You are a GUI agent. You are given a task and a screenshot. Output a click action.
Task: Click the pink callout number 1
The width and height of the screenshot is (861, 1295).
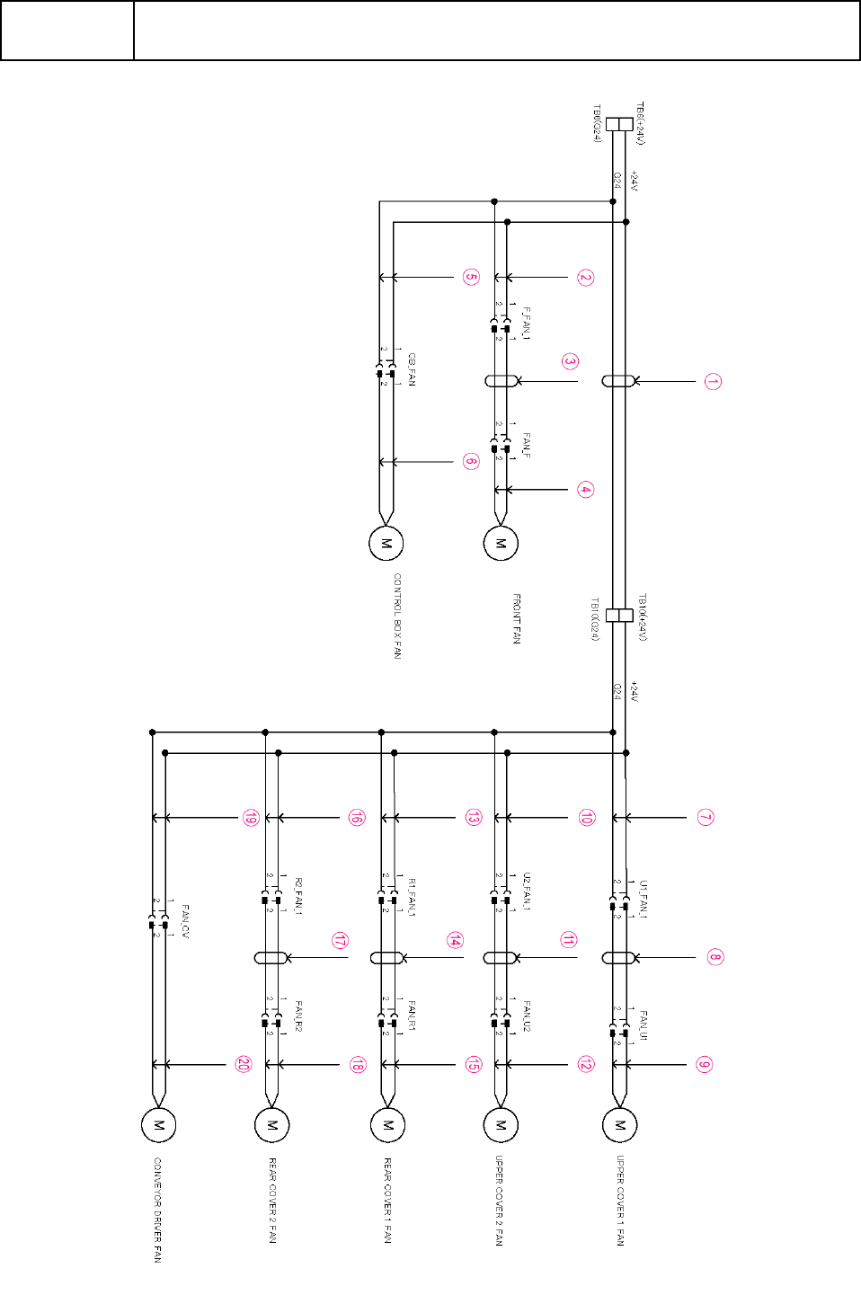pos(712,382)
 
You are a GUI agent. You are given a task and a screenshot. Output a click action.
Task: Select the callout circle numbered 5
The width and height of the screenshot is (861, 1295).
pos(471,277)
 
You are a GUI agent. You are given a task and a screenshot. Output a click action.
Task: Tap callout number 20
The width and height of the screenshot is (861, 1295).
pos(244,1064)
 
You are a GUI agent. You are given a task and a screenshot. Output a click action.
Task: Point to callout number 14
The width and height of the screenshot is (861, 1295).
pos(455,940)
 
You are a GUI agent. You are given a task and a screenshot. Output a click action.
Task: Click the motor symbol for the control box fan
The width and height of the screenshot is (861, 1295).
pos(386,543)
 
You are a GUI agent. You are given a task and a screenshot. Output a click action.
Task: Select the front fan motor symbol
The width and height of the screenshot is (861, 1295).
pos(501,543)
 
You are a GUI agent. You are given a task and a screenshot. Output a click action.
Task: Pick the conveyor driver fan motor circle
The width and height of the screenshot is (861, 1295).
pos(158,1124)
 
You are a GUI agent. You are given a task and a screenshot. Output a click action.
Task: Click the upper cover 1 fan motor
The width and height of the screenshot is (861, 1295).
pos(619,1124)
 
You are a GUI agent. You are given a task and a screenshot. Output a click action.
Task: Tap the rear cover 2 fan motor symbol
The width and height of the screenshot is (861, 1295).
pos(272,1124)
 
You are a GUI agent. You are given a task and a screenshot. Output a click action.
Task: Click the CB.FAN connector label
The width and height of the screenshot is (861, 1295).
pos(412,369)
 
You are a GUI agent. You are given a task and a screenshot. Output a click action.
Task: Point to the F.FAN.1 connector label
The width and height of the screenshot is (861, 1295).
pos(527,324)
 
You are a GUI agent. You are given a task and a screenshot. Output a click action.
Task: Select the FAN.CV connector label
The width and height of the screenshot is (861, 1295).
pos(185,922)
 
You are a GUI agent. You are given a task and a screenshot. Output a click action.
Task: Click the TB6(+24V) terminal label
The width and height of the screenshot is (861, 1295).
pos(640,123)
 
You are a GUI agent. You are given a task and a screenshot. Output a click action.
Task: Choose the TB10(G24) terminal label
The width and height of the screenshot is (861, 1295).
pos(595,619)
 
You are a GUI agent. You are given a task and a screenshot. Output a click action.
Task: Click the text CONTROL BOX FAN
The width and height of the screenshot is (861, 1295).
pos(397,616)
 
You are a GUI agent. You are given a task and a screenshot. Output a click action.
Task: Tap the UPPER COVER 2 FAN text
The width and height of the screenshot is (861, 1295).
pos(499,1200)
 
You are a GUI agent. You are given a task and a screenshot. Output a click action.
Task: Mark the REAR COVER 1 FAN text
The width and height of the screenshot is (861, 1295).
pos(387,1200)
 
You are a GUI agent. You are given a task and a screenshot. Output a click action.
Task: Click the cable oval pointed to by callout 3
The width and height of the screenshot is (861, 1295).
pos(501,381)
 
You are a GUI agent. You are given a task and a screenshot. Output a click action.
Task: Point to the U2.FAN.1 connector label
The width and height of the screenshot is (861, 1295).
pos(527,891)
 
